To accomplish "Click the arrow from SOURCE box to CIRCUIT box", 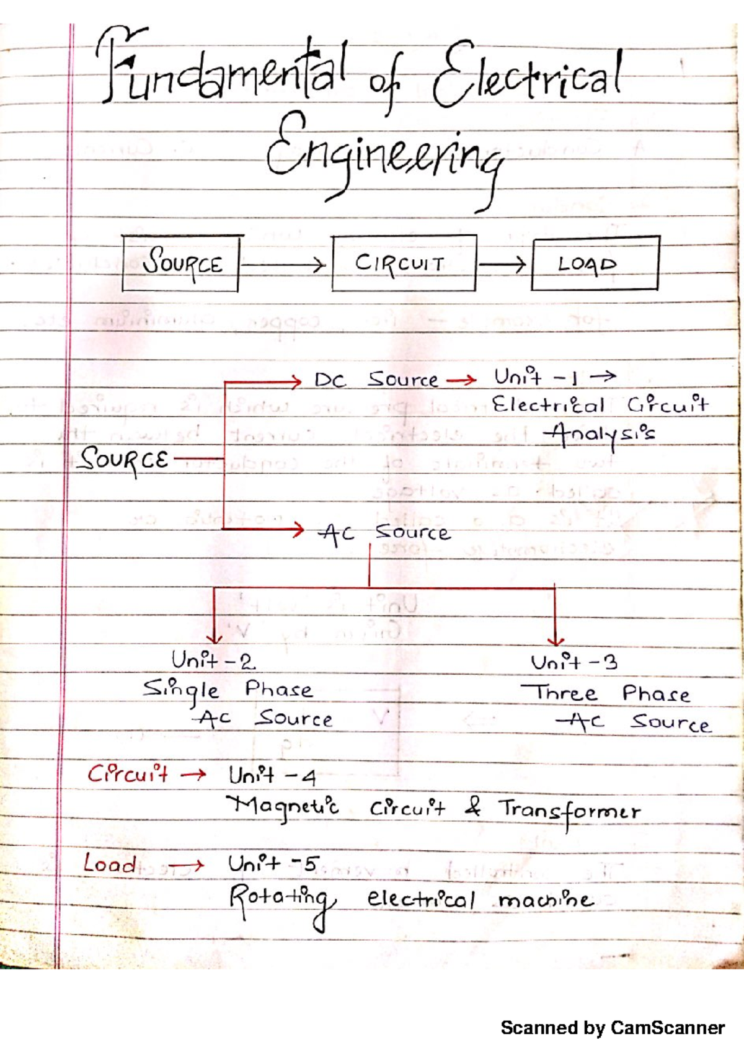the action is (x=283, y=265).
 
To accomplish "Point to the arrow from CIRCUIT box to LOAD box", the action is (x=502, y=265).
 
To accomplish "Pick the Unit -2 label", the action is (x=213, y=660).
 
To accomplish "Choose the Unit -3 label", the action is (x=574, y=662).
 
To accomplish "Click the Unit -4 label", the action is (x=272, y=775).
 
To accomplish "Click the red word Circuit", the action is (x=128, y=773).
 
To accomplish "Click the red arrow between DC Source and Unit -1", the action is (x=461, y=380).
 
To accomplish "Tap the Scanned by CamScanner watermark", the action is (x=613, y=1028).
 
